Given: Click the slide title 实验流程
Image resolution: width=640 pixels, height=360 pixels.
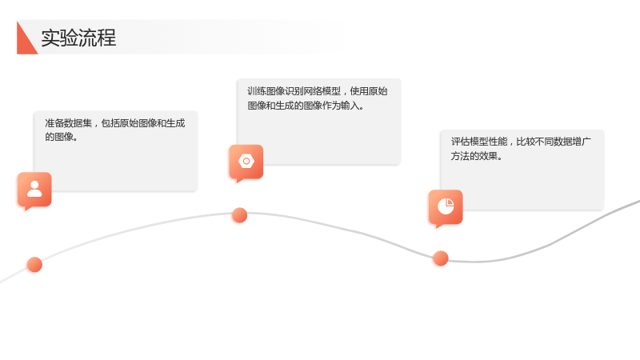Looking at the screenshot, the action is click(x=78, y=38).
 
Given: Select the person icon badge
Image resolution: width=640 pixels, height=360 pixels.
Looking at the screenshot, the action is click(x=34, y=190).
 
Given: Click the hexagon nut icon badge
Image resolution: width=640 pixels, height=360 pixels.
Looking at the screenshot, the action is click(x=246, y=162).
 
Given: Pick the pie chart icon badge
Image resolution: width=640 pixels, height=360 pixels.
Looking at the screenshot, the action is click(x=446, y=208).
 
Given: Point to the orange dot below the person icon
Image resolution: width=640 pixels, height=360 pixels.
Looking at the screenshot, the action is click(x=34, y=265).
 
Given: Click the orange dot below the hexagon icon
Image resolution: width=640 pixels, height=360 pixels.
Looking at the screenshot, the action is click(x=239, y=215).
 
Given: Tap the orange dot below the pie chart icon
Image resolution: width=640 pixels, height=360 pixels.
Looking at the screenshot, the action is click(x=441, y=258).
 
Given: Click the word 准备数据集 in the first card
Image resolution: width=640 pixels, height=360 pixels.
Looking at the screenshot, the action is click(x=68, y=123).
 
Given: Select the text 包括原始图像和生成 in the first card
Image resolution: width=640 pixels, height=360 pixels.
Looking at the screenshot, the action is click(x=143, y=123).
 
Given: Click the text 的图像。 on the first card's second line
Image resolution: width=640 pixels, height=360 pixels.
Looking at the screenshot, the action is click(x=62, y=137).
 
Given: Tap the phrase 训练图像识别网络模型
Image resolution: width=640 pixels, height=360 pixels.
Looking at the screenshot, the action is click(x=294, y=91).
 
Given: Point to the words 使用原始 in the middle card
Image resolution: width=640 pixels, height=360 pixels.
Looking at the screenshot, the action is click(x=369, y=91).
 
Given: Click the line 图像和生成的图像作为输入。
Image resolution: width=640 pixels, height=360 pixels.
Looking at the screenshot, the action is click(x=306, y=106).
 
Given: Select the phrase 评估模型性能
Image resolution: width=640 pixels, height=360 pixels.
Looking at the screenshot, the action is click(x=479, y=142).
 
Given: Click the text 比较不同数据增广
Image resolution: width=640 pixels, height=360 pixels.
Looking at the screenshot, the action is click(x=554, y=142).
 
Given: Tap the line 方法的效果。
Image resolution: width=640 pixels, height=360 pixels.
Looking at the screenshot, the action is click(x=477, y=156).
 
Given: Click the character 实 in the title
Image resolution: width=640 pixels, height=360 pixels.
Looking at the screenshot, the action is click(x=50, y=38).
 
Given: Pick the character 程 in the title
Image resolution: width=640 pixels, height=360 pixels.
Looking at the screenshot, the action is click(x=107, y=38).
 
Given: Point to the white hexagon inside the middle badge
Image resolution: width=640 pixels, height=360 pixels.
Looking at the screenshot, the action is click(x=246, y=162).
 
